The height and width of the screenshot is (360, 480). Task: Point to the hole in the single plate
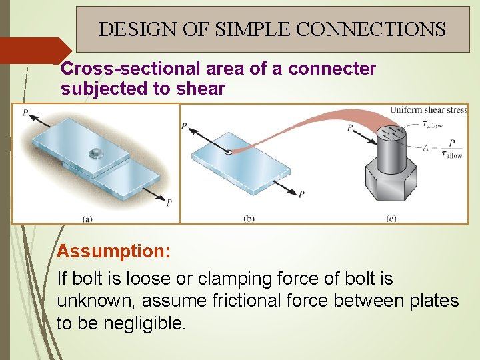point(229,152)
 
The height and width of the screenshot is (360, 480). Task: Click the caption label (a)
point(87,217)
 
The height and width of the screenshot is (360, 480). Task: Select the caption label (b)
point(248,217)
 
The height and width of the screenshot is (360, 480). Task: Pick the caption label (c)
point(391,217)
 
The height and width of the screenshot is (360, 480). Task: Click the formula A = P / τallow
point(443,149)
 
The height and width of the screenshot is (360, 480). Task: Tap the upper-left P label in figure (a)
point(25,113)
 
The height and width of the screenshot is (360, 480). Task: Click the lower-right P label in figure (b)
point(301,194)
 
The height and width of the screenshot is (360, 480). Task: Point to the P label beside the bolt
point(351,128)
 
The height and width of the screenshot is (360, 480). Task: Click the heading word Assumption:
point(114,251)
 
